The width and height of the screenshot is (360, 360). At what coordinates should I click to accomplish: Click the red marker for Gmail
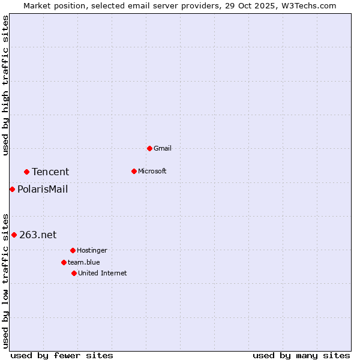tap(149, 148)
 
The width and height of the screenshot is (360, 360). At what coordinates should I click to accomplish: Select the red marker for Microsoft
tap(134, 171)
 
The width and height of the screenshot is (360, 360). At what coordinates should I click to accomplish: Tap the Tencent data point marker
tap(26, 172)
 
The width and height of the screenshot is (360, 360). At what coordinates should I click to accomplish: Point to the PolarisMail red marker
tap(12, 189)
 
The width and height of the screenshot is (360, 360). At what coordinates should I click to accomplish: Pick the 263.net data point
tap(14, 235)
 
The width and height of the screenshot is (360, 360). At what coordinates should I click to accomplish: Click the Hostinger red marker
tap(73, 250)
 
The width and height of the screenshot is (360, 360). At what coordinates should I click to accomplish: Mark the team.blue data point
tap(64, 262)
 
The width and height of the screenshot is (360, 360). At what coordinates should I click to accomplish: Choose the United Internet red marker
tap(74, 273)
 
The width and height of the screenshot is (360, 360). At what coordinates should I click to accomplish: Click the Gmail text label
tap(163, 148)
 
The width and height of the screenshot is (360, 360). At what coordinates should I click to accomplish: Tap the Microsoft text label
tap(152, 171)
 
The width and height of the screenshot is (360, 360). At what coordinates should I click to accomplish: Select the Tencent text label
tap(50, 172)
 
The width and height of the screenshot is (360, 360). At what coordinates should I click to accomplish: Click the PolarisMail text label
tap(43, 190)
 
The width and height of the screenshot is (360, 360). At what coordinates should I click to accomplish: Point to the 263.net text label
tap(38, 235)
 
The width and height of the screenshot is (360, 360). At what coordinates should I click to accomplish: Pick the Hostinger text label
tap(92, 250)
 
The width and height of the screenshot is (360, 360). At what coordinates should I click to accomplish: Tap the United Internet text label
tap(103, 273)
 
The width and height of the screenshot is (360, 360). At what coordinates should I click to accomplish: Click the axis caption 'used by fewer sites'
tap(62, 355)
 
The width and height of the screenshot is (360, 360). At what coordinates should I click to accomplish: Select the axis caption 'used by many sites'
tap(301, 355)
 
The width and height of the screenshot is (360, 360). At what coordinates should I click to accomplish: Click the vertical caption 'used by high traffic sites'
tap(6, 85)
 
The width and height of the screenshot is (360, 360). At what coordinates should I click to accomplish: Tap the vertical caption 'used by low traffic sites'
tap(6, 280)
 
